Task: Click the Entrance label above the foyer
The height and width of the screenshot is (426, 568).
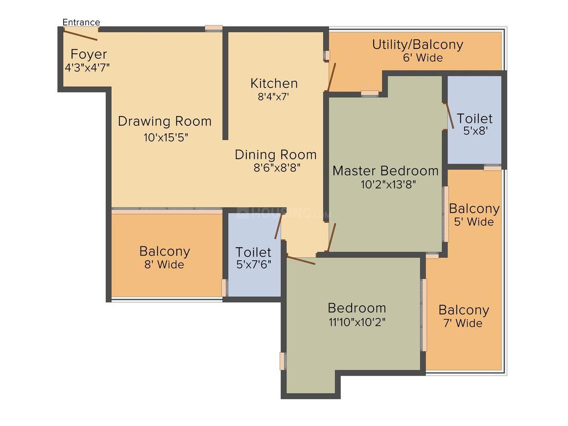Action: [x=81, y=22]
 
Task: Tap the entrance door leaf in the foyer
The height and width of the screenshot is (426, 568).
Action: [x=80, y=35]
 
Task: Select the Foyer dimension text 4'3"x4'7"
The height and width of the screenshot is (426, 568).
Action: [x=87, y=68]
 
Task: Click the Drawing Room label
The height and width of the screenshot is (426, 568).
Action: [x=165, y=121]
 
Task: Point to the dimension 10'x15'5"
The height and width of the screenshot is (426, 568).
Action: [x=166, y=138]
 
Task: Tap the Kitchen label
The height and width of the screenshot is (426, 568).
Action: [x=274, y=83]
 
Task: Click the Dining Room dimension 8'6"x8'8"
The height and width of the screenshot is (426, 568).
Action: [x=277, y=168]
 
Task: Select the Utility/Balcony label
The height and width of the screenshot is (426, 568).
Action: [x=418, y=45]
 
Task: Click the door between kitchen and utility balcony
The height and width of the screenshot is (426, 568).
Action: [x=332, y=77]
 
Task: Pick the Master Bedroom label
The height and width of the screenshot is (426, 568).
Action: [x=385, y=170]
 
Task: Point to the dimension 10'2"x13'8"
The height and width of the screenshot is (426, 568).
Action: [x=388, y=185]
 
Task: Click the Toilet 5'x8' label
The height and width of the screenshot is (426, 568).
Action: [x=474, y=124]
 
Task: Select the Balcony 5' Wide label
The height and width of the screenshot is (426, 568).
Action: [x=474, y=214]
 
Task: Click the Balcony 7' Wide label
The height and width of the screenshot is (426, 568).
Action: [x=464, y=316]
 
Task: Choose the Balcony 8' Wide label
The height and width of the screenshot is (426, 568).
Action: [x=165, y=257]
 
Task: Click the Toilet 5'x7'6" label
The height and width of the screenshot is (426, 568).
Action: [x=254, y=258]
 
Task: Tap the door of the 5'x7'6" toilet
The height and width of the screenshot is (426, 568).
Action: [x=278, y=226]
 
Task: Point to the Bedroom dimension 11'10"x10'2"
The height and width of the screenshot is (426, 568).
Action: [x=357, y=322]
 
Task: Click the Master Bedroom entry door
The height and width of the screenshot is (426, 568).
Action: [x=332, y=237]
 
